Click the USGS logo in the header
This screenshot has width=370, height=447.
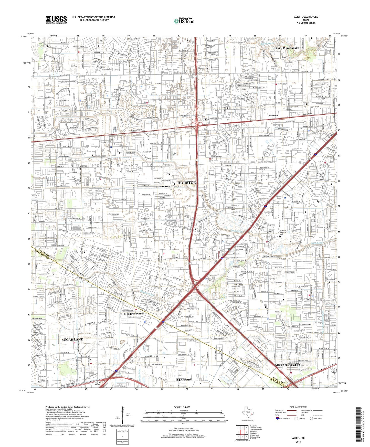[56, 20]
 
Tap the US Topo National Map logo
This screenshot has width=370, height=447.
[184, 21]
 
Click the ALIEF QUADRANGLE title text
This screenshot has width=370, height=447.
[306, 17]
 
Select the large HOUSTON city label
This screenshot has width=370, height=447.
[187, 183]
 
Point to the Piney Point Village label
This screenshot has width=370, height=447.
[287, 48]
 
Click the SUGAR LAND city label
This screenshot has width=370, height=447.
[72, 339]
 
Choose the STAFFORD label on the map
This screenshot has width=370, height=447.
[184, 379]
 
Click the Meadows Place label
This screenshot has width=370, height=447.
[133, 314]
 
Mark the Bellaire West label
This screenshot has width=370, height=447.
[163, 186]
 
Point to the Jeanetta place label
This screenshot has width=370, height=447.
[273, 115]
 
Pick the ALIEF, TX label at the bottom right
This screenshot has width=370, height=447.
[298, 438]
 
